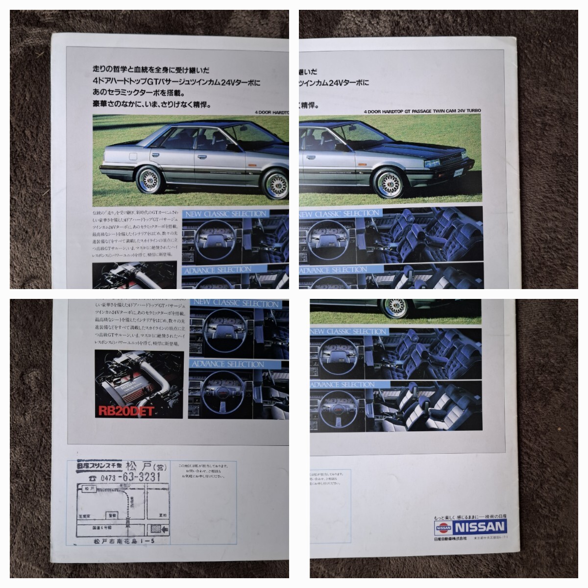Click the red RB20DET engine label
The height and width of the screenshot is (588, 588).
tap(126, 411)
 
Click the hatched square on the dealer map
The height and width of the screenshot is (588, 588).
tap(155, 529)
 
